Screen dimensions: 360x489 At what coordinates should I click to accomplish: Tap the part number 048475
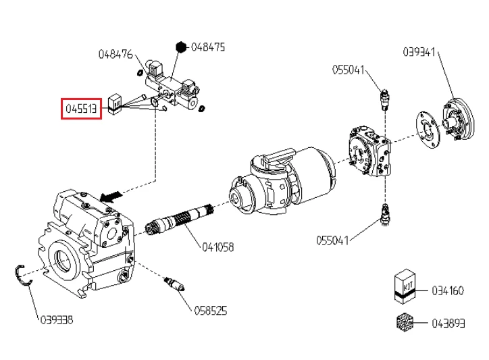pyautogui.click(x=208, y=47)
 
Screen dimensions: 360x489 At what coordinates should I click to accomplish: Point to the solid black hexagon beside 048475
pyautogui.click(x=181, y=47)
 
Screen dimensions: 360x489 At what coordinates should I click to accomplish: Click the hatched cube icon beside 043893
pyautogui.click(x=404, y=322)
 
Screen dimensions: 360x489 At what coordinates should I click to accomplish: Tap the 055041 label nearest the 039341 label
pyautogui.click(x=349, y=69)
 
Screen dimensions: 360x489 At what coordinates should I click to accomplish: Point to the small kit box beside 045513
pyautogui.click(x=115, y=102)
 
